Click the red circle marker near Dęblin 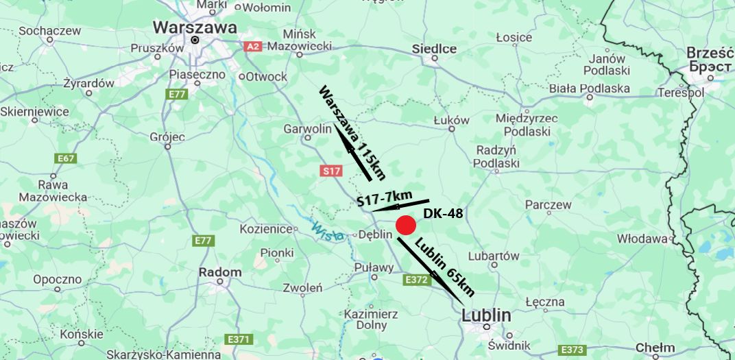(x=406, y=226)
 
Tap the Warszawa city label (x=195, y=27)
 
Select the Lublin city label (x=486, y=315)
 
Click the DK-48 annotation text (x=443, y=213)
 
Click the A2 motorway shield (x=253, y=46)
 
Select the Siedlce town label (x=434, y=49)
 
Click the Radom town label (x=219, y=272)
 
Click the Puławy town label (x=374, y=267)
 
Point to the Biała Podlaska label (x=590, y=88)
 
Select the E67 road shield (x=66, y=158)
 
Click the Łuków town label (x=452, y=120)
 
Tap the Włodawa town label (x=642, y=239)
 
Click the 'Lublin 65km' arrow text (x=444, y=267)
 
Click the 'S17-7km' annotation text (x=384, y=200)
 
